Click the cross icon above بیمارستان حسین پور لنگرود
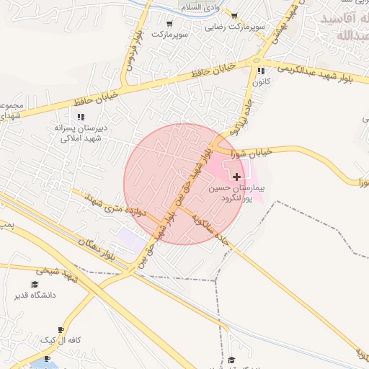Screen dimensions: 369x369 (x=237, y=177)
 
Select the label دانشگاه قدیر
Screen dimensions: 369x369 (x=34, y=295)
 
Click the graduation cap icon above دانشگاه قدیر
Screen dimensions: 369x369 (x=34, y=285)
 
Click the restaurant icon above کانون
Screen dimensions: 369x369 (x=260, y=71)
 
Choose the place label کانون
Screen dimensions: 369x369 (x=260, y=82)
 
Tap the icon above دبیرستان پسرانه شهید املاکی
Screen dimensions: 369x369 (x=80, y=116)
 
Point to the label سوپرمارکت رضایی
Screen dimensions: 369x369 (x=235, y=27)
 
